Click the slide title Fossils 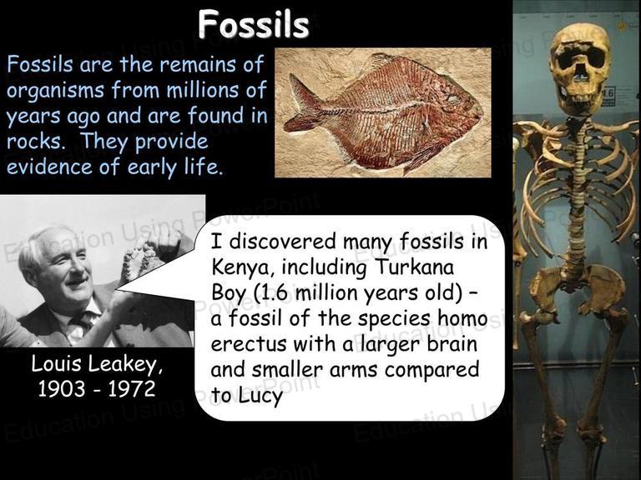coord(254,24)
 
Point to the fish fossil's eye coord(453,98)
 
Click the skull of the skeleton coord(581,70)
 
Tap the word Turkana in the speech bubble coord(414,267)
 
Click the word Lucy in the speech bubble coord(260,395)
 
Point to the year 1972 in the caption coord(132,388)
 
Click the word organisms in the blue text coord(55,91)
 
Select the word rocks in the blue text coord(34,141)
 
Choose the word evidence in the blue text coord(49,167)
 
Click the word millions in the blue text coord(203,90)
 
